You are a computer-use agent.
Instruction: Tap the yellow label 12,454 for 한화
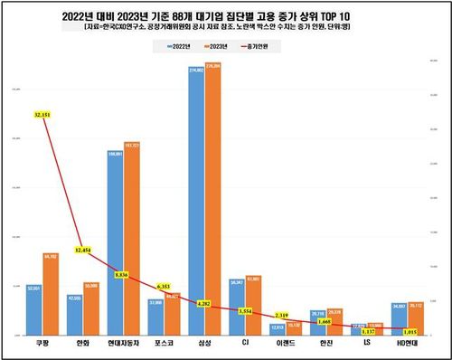[x=84, y=249]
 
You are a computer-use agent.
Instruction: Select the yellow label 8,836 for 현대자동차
[x=123, y=274]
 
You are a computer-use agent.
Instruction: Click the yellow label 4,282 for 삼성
[x=202, y=304]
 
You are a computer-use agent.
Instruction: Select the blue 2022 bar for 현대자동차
[x=115, y=244]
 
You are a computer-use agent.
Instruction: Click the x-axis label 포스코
[x=162, y=346]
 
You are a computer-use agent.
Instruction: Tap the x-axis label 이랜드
[x=285, y=346]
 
